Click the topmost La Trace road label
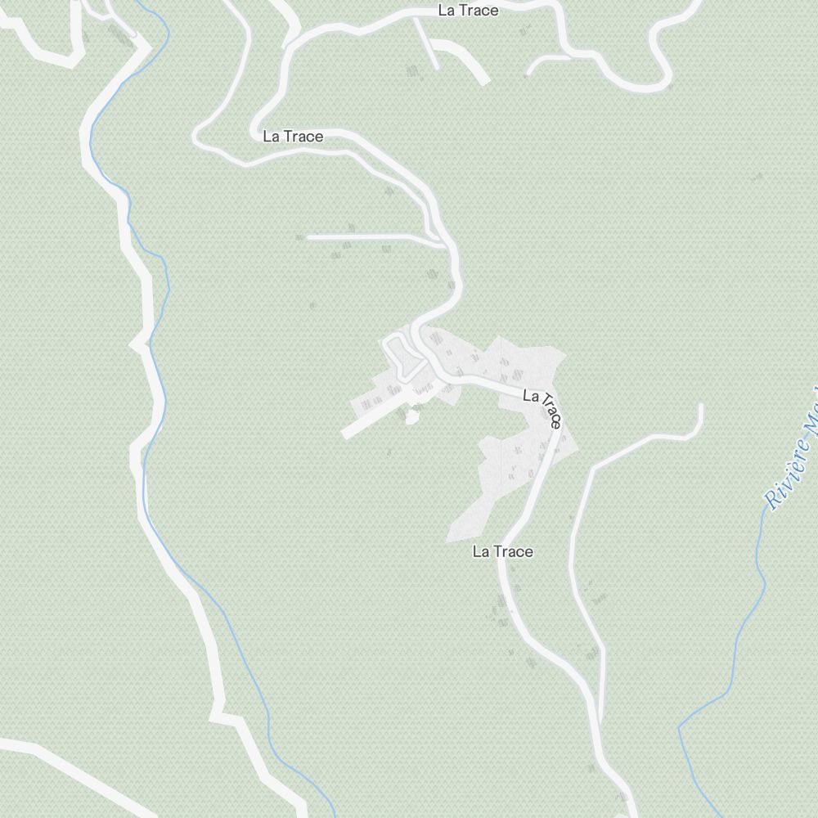pyautogui.click(x=468, y=11)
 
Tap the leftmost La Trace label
pyautogui.click(x=293, y=137)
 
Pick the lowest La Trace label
pyautogui.click(x=502, y=552)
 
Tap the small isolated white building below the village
pyautogui.click(x=411, y=418)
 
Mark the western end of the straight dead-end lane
pyautogui.click(x=309, y=237)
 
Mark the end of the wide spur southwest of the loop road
pyautogui.click(x=346, y=433)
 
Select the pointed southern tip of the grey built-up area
pyautogui.click(x=449, y=540)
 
